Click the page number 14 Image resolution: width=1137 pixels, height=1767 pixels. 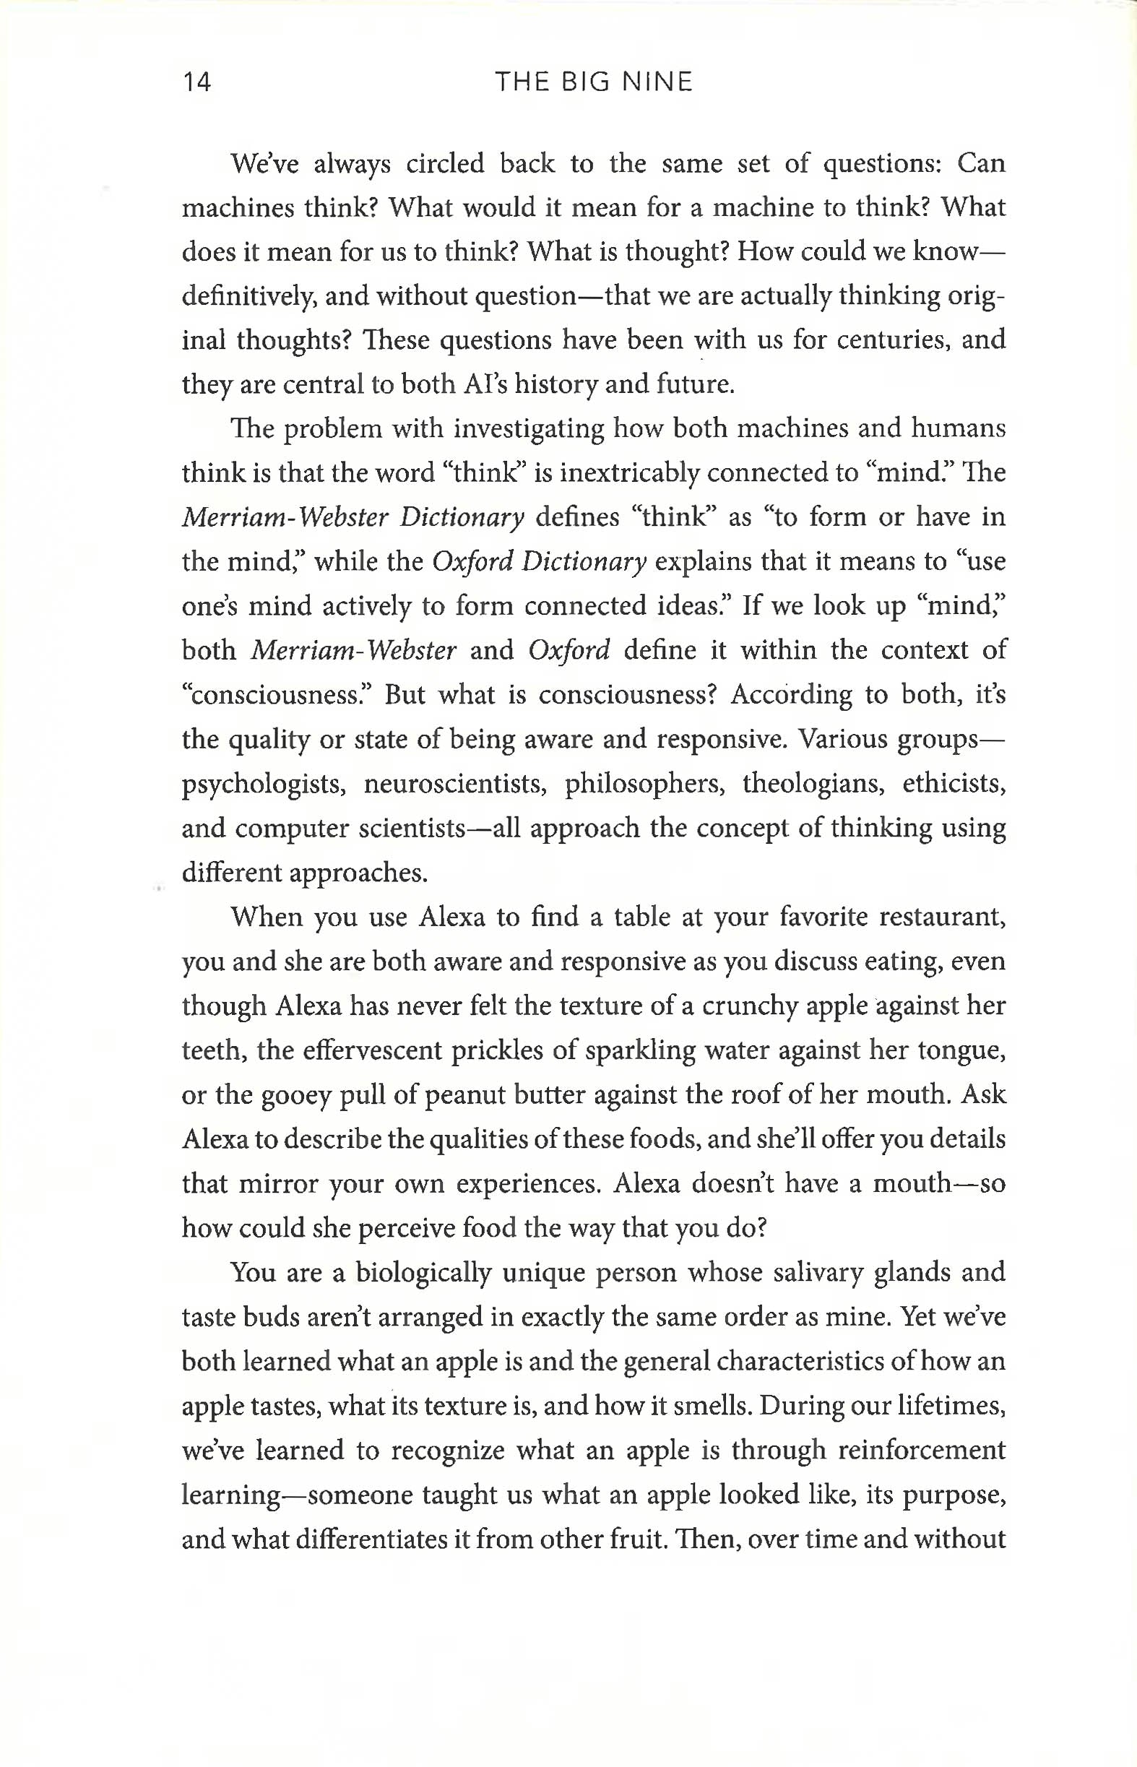click(196, 82)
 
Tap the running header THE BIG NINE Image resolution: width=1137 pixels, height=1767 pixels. click(594, 82)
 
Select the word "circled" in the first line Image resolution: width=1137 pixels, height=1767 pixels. click(444, 163)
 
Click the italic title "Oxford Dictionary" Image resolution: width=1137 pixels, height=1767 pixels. click(539, 562)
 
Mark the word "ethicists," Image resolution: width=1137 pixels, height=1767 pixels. click(954, 785)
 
